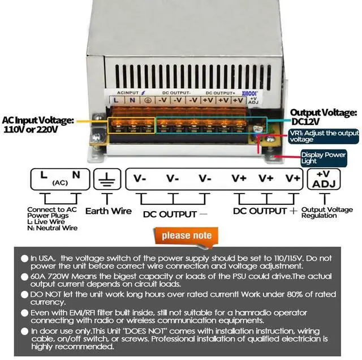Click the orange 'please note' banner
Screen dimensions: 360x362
tap(187, 235)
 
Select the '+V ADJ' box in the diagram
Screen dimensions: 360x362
tap(324, 179)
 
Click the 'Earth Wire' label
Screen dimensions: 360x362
tap(108, 211)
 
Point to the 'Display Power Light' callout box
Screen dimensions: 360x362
tap(323, 157)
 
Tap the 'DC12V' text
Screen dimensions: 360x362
tap(305, 122)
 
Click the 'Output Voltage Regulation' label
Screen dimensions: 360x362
tap(327, 212)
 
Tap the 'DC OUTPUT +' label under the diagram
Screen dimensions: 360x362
tap(265, 211)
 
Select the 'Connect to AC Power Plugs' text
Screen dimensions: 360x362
tap(51, 212)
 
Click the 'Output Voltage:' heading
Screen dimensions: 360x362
tap(323, 113)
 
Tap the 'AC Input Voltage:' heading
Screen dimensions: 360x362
tap(37, 121)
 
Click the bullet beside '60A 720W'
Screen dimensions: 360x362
tap(24, 277)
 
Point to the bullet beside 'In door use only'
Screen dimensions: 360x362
tap(24, 331)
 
